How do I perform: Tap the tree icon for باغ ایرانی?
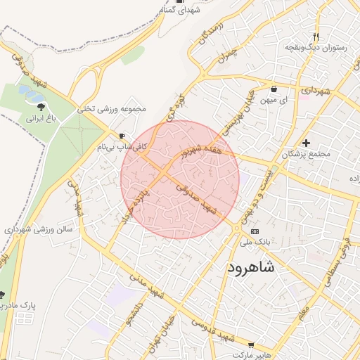coord(41,107)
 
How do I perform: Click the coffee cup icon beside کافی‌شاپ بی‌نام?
coord(123,136)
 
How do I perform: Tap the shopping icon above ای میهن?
coord(274,89)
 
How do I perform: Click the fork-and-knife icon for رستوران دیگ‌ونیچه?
coord(316,37)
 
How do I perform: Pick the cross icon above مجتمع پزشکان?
coord(305,143)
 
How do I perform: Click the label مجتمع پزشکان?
coord(304,153)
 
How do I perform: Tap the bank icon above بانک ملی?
coord(254,231)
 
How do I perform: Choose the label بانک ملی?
coord(255,242)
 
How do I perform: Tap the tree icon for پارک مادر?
coord(2,294)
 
